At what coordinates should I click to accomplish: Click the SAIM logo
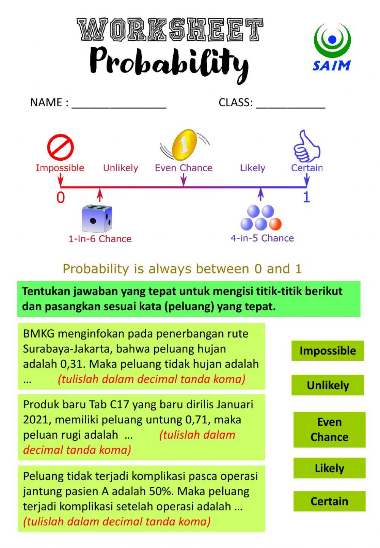(x=332, y=47)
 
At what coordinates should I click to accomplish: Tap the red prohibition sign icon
(x=60, y=147)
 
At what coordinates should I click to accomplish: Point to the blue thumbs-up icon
(x=306, y=147)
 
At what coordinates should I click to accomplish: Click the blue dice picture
(x=97, y=218)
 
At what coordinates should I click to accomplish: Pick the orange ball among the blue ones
(x=275, y=224)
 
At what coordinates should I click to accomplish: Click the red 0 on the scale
(x=60, y=198)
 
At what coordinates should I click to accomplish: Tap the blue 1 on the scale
(x=306, y=197)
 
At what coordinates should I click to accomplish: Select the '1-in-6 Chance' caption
(x=100, y=239)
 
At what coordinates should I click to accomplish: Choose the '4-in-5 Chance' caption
(x=262, y=238)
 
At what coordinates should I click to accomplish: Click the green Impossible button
(x=328, y=351)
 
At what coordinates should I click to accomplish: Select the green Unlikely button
(x=328, y=385)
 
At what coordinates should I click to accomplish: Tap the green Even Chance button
(x=329, y=430)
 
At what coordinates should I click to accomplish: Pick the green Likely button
(x=329, y=468)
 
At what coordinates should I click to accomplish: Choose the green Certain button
(x=329, y=501)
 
